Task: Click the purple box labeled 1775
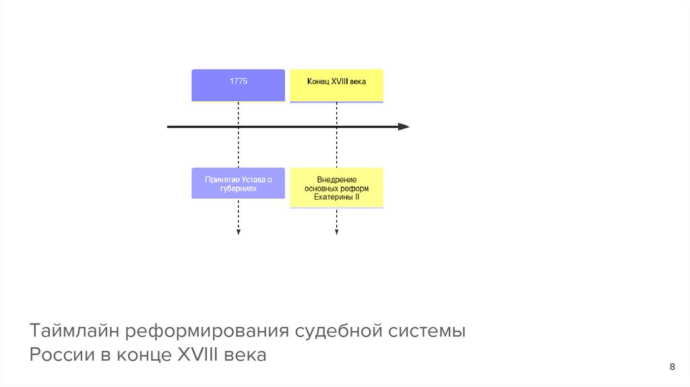(x=238, y=85)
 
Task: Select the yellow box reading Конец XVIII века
(x=336, y=86)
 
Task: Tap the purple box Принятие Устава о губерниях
(x=238, y=183)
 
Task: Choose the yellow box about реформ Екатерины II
(x=336, y=187)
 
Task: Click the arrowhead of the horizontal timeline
(x=404, y=127)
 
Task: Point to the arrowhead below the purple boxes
(x=238, y=233)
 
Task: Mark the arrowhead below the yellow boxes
(x=336, y=233)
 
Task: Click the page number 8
(x=672, y=367)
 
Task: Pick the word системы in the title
(x=427, y=332)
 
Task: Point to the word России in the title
(x=57, y=355)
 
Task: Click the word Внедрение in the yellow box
(x=336, y=179)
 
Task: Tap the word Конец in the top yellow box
(x=318, y=82)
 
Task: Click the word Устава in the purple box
(x=252, y=179)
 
